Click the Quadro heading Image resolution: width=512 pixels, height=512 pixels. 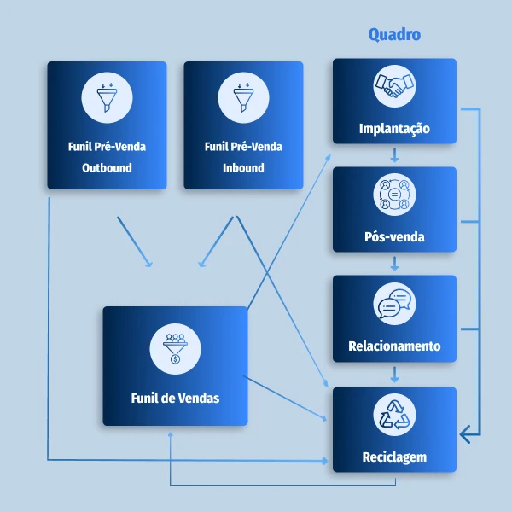[x=394, y=35]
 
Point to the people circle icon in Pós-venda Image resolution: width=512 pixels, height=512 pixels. [x=394, y=195]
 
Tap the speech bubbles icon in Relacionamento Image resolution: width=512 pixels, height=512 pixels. [x=394, y=303]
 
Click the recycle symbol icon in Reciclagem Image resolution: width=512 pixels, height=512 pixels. [x=394, y=415]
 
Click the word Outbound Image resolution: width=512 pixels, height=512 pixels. [x=107, y=168]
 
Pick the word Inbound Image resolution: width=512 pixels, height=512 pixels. [x=243, y=168]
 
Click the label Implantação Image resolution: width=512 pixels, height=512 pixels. [x=394, y=130]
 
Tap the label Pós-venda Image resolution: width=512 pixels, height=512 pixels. [x=394, y=237]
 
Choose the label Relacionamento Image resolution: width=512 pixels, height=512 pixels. [x=394, y=346]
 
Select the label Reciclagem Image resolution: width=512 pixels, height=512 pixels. [x=394, y=457]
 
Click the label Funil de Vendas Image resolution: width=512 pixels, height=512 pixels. [x=175, y=398]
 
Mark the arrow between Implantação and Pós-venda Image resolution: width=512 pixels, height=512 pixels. [x=394, y=155]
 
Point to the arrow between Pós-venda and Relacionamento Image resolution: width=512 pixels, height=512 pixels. [x=394, y=264]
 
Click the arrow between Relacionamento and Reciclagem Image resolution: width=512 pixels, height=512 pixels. [x=394, y=374]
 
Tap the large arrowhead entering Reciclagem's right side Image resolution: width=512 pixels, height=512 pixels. [x=465, y=435]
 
